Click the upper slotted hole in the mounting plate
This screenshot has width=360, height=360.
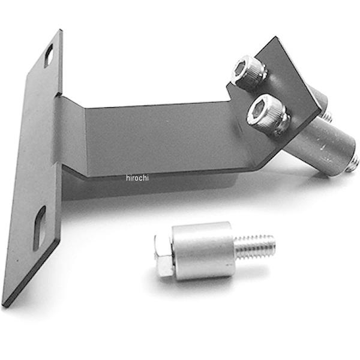(49, 55)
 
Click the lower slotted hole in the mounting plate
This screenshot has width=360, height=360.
(40, 228)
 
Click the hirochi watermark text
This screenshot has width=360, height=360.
(137, 178)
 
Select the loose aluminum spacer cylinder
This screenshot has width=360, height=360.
(203, 250)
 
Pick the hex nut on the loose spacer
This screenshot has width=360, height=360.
(164, 256)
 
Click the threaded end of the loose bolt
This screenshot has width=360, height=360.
(255, 247)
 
